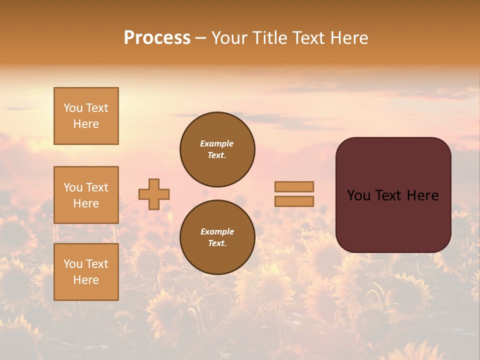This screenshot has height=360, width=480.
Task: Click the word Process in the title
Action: [157, 38]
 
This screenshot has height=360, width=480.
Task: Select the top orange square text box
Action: [86, 116]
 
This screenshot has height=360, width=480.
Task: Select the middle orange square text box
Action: [86, 195]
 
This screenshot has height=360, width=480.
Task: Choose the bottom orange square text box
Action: [86, 272]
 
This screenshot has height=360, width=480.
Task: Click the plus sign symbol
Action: [154, 194]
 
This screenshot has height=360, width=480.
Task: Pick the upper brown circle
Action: [217, 149]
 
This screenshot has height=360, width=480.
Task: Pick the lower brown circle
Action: [217, 237]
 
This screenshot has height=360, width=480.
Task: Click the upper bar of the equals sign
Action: [294, 187]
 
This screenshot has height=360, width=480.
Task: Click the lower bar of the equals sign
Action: [294, 201]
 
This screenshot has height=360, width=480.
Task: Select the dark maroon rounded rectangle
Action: [393, 195]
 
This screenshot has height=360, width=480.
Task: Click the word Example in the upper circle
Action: [216, 143]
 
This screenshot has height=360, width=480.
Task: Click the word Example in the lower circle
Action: [217, 231]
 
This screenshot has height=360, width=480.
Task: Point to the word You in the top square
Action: [72, 108]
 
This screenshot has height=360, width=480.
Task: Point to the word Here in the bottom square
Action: [86, 280]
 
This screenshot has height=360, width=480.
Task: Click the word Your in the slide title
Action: [229, 38]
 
